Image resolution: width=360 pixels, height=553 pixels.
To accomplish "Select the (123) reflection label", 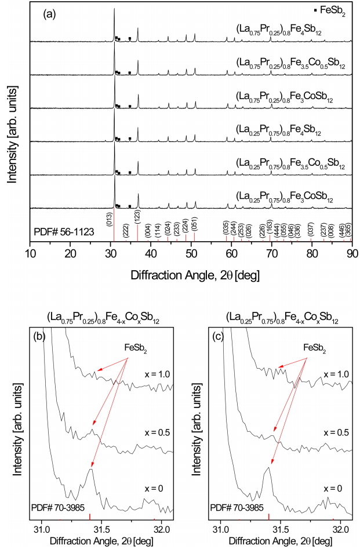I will click(137, 217).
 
